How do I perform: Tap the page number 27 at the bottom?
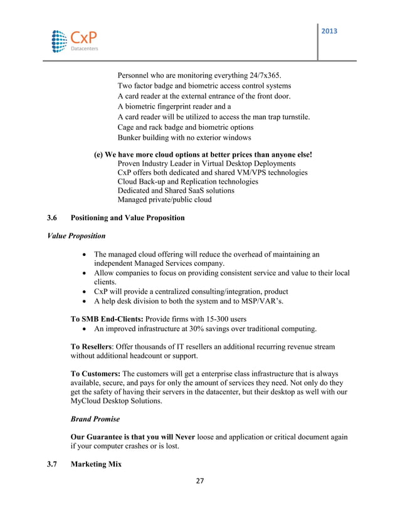click(x=200, y=482)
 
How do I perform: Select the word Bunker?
click(x=130, y=137)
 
